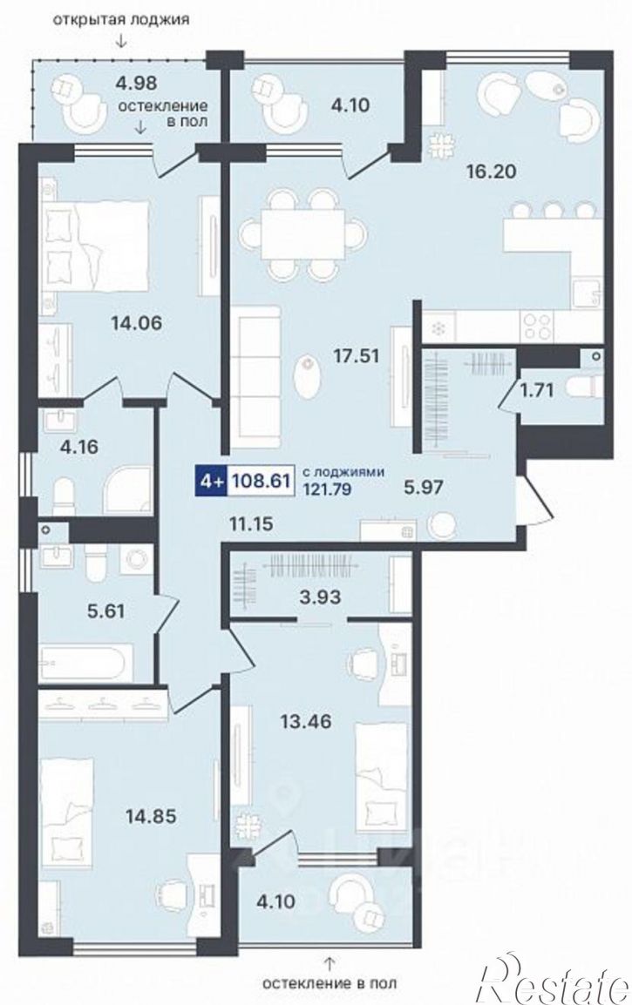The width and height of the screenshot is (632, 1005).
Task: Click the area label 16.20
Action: pyautogui.click(x=492, y=172)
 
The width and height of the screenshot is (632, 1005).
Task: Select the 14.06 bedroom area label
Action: pyautogui.click(x=136, y=323)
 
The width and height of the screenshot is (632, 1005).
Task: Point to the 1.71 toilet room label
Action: pyautogui.click(x=536, y=389)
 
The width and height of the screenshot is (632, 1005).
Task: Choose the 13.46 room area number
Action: pyautogui.click(x=305, y=722)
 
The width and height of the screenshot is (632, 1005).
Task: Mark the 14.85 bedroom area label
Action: pyautogui.click(x=150, y=816)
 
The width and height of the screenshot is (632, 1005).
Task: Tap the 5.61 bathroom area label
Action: pyautogui.click(x=105, y=610)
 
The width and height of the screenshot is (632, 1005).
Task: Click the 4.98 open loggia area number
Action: pyautogui.click(x=136, y=82)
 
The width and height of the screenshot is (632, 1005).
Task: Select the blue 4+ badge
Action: pyautogui.click(x=210, y=481)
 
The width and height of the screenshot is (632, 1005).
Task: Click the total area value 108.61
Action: pyautogui.click(x=260, y=481)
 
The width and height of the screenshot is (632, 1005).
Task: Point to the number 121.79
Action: pyautogui.click(x=327, y=489)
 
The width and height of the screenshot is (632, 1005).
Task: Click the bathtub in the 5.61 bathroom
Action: pyautogui.click(x=86, y=662)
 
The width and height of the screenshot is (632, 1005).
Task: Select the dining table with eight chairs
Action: pyautogui.click(x=303, y=234)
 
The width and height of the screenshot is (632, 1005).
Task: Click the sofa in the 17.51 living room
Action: pyautogui.click(x=255, y=377)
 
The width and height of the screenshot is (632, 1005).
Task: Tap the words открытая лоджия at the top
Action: pyautogui.click(x=121, y=18)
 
